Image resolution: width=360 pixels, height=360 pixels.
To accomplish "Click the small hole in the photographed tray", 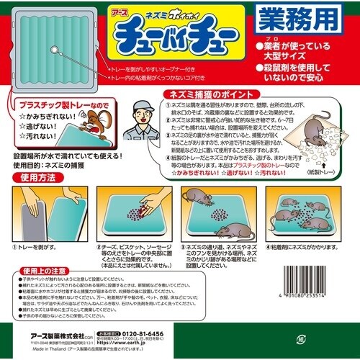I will click(55, 48).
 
